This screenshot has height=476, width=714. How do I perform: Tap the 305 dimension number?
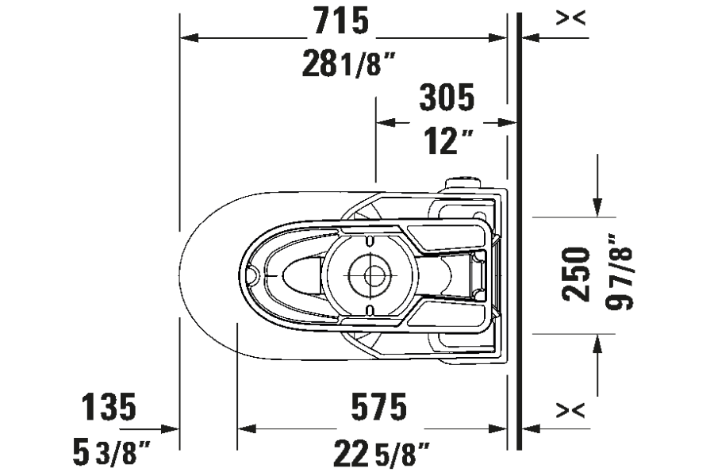pos(447,98)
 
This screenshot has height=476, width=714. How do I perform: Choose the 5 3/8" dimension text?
pos(111,455)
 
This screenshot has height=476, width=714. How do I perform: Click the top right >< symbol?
pos(571,18)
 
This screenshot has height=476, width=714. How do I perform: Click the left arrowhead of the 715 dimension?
pos(190,36)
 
